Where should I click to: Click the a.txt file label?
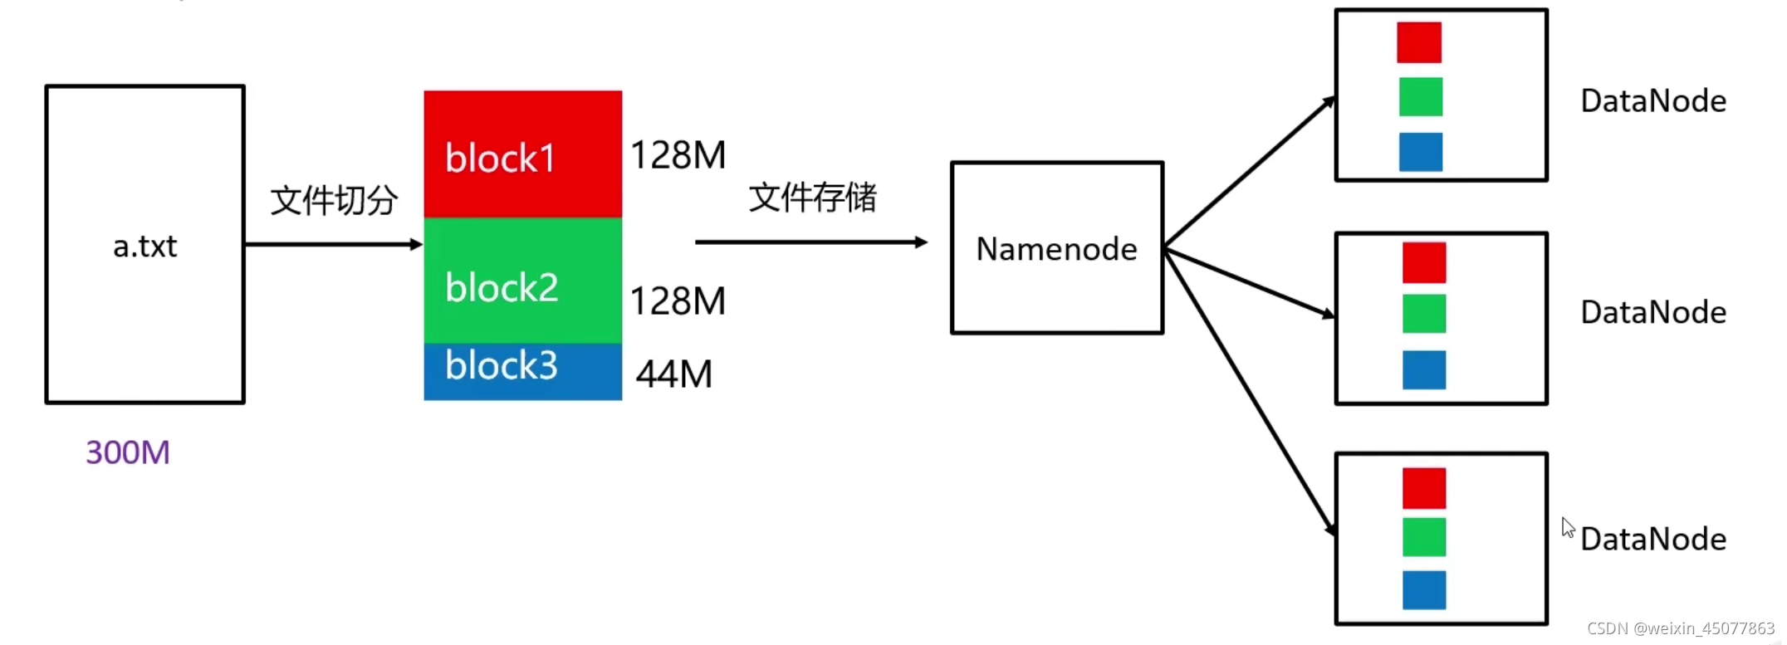point(145,247)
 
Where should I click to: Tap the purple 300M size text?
point(128,452)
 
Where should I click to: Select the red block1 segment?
point(522,154)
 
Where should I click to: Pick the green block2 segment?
point(522,281)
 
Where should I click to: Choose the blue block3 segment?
point(522,370)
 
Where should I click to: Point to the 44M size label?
point(674,374)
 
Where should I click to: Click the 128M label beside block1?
point(678,155)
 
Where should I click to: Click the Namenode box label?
point(1056,249)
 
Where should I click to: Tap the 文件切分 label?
point(334,201)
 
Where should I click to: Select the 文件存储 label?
point(812,198)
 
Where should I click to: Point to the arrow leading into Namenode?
point(810,242)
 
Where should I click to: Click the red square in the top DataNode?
point(1419,42)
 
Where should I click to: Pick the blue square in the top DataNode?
point(1421,152)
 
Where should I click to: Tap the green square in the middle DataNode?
point(1424,314)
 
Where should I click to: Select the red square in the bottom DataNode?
point(1424,488)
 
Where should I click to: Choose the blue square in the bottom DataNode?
point(1424,590)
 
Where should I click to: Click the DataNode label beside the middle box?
point(1653,313)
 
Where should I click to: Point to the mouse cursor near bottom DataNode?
point(1567,527)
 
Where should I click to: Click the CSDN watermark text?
point(1681,628)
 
